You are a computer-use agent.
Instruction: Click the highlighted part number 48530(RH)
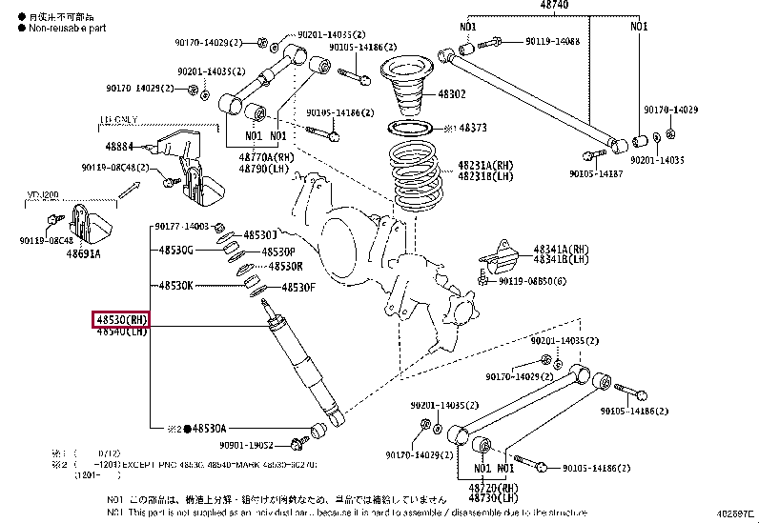coord(121,319)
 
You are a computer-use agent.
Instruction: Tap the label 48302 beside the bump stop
coord(452,94)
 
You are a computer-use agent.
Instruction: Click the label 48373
coord(472,127)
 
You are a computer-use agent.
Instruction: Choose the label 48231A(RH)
coord(484,164)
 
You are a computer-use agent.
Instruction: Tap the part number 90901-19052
coord(246,445)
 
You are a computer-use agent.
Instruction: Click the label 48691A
coord(84,254)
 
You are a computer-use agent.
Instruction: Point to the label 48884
coord(119,147)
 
